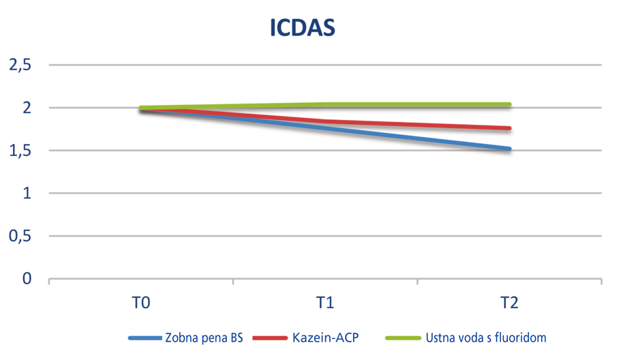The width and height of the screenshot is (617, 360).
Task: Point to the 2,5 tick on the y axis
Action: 20,65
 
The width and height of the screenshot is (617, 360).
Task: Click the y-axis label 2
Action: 28,108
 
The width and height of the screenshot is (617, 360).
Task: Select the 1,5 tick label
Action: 20,151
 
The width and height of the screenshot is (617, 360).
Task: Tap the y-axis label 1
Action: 28,194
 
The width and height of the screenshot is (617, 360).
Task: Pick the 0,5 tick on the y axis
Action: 20,237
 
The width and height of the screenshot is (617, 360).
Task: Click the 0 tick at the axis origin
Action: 28,279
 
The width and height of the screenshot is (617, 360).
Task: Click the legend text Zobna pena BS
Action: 204,337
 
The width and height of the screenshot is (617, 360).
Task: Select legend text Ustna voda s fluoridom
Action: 485,337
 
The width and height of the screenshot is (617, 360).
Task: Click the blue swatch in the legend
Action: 145,337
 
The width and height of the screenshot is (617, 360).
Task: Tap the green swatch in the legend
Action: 402,337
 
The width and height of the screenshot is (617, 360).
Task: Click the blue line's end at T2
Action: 509,149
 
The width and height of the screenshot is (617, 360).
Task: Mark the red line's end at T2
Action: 509,128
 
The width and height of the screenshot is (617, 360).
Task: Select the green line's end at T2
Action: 509,104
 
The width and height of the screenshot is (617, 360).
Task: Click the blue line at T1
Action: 325,128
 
